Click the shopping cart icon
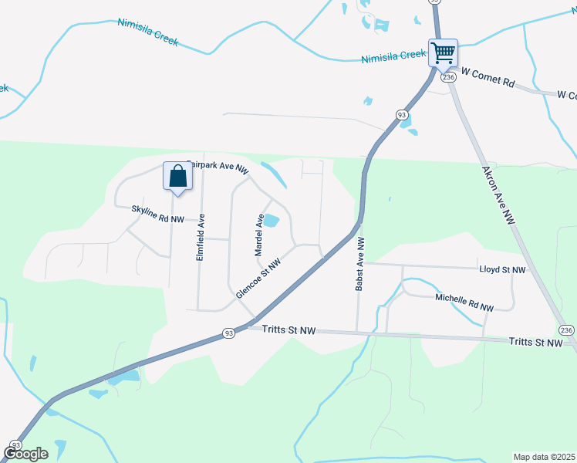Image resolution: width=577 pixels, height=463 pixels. pos(443,53)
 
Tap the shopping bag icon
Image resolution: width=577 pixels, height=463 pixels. pos(177,176)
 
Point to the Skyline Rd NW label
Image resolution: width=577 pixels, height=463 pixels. pos(157,215)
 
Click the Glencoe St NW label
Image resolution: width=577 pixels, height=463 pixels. pos(258,279)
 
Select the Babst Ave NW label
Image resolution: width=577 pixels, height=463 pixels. pos(359,263)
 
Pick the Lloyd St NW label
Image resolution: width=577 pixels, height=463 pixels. pos(501,270)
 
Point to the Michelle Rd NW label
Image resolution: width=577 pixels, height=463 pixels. pos(464,302)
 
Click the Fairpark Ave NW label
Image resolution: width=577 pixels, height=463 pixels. pos(218,167)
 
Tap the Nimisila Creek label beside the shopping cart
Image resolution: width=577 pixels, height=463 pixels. pos(393,57)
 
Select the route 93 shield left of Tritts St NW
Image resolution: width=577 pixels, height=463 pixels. pos(229,333)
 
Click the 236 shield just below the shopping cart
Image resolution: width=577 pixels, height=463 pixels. pos(447,77)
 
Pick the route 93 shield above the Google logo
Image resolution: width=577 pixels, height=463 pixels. pos(15,445)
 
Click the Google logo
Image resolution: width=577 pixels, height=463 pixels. pos(25,454)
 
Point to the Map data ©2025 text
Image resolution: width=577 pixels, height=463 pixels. pos(544,457)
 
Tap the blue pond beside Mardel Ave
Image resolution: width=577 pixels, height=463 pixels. pos(272,221)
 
